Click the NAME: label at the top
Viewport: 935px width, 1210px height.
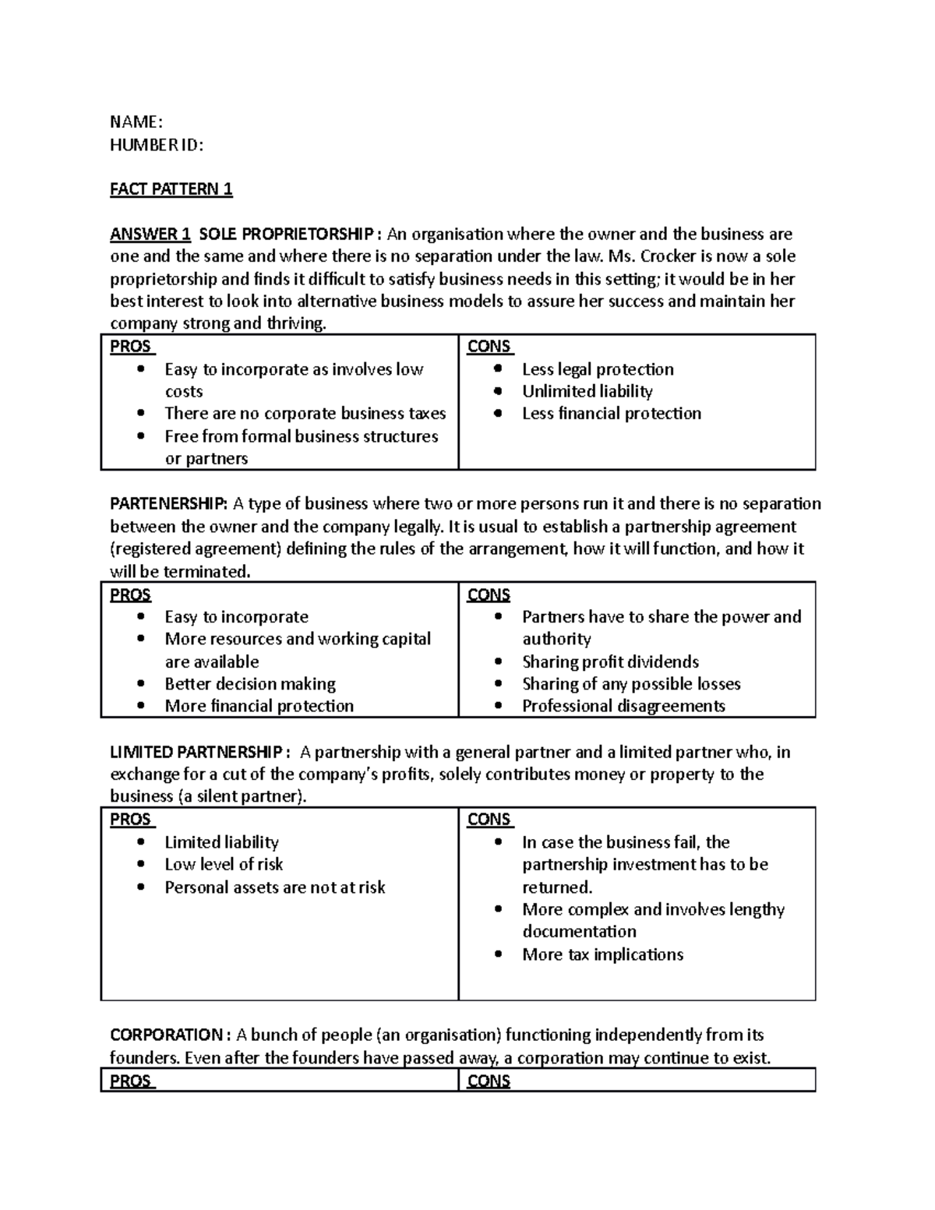pyautogui.click(x=136, y=122)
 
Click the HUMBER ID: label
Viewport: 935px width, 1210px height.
pyautogui.click(x=157, y=144)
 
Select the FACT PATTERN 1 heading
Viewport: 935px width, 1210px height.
pyautogui.click(x=171, y=189)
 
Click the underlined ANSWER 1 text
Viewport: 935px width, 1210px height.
pyautogui.click(x=150, y=234)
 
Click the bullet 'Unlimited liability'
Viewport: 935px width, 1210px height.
pyautogui.click(x=587, y=391)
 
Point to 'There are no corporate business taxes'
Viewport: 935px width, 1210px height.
pyautogui.click(x=305, y=413)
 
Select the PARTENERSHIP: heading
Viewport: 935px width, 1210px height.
pyautogui.click(x=169, y=503)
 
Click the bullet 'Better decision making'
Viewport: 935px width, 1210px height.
pyautogui.click(x=250, y=683)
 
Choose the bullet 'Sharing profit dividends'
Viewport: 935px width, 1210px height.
pyautogui.click(x=610, y=661)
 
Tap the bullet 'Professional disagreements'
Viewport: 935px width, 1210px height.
pyautogui.click(x=623, y=706)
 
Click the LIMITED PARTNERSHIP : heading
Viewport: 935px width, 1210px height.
pyautogui.click(x=200, y=752)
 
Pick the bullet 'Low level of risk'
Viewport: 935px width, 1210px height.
pyautogui.click(x=224, y=864)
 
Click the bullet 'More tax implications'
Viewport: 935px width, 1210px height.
pyautogui.click(x=602, y=954)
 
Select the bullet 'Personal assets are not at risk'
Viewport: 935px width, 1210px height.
pyautogui.click(x=274, y=887)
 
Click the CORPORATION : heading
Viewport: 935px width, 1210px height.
pyautogui.click(x=170, y=1035)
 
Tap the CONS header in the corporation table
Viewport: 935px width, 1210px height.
pyautogui.click(x=489, y=1081)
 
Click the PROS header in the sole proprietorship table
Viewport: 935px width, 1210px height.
pyautogui.click(x=131, y=347)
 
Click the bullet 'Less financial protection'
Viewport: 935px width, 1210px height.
pyautogui.click(x=611, y=413)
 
